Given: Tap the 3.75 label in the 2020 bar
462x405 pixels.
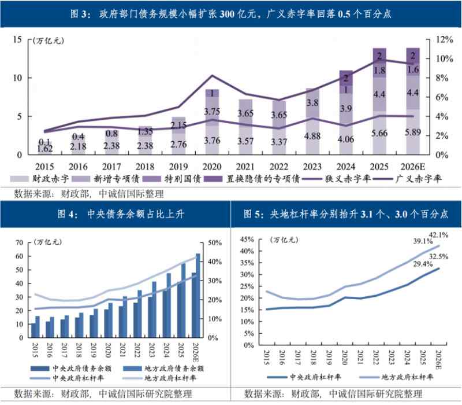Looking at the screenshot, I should point(212,112).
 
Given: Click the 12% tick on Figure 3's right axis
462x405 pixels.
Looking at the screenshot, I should point(437,39).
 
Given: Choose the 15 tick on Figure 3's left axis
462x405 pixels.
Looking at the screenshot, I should point(17,39).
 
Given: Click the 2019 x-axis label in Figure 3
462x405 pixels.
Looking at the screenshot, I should point(179,166).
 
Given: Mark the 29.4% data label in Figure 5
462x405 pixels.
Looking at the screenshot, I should point(407,264).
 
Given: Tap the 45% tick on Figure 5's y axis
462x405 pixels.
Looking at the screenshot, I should point(247,239).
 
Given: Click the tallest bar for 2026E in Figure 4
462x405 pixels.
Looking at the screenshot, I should point(198,295).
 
